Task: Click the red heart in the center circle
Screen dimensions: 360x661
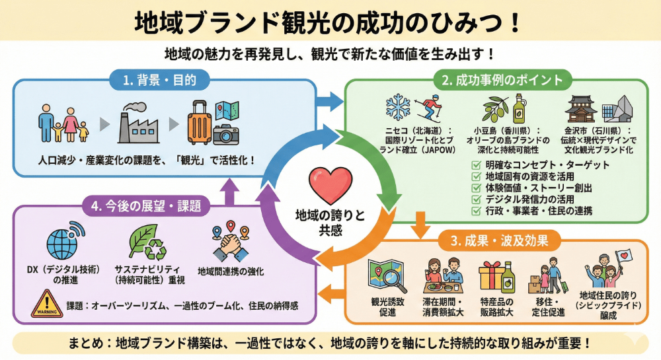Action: pyautogui.click(x=330, y=186)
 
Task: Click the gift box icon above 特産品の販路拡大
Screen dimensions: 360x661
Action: pyautogui.click(x=492, y=277)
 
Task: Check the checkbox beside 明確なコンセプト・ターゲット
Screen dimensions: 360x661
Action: pyautogui.click(x=477, y=165)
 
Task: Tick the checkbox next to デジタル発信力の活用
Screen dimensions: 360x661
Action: pyautogui.click(x=477, y=199)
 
